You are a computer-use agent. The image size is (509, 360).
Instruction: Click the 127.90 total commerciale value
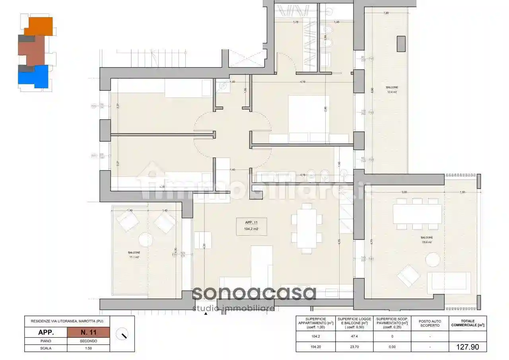pyautogui.click(x=468, y=347)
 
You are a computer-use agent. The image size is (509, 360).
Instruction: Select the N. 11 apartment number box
pyautogui.click(x=88, y=332)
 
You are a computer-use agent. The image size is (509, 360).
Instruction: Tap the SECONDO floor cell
pyautogui.click(x=88, y=341)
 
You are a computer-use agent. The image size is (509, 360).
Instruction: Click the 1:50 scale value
pyautogui.click(x=88, y=348)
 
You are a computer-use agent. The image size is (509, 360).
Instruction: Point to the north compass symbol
pyautogui.click(x=122, y=334)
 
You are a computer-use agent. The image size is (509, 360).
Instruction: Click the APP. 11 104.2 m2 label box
pyautogui.click(x=251, y=226)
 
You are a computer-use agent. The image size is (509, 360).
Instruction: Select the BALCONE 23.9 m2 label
pyautogui.click(x=427, y=240)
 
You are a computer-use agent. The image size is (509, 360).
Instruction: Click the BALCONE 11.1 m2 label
pyautogui.click(x=134, y=255)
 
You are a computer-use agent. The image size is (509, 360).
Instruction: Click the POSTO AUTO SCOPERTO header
pyautogui.click(x=430, y=323)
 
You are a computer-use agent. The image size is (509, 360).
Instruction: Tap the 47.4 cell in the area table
pyautogui.click(x=354, y=337)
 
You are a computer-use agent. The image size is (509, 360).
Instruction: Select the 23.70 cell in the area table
pyautogui.click(x=354, y=347)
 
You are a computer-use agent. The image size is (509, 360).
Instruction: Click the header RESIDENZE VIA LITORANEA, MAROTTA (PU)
pyautogui.click(x=67, y=321)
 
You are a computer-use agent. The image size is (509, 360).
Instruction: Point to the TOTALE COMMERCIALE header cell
pyautogui.click(x=468, y=323)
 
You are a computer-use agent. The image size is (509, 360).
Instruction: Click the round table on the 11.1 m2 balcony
pyautogui.click(x=145, y=240)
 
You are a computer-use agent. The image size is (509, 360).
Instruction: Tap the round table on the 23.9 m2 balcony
pyautogui.click(x=432, y=260)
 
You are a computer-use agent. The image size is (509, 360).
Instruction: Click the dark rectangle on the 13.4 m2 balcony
pyautogui.click(x=401, y=44)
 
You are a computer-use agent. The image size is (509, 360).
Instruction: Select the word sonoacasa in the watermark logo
pyautogui.click(x=254, y=294)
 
